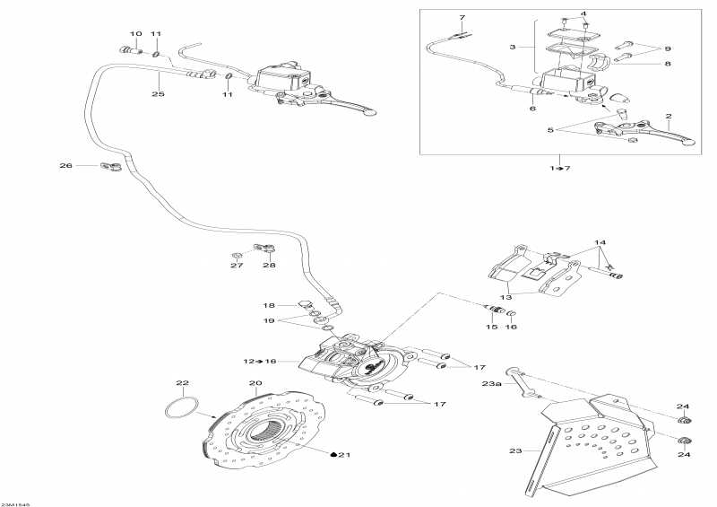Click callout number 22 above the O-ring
tap(182, 383)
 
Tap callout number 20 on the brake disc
tap(255, 383)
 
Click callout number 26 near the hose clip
tap(65, 165)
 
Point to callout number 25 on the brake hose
tap(158, 93)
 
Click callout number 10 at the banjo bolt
tap(135, 34)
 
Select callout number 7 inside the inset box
tap(462, 18)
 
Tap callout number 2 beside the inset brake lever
tap(667, 117)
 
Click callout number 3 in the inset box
tap(513, 47)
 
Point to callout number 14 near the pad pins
tap(600, 243)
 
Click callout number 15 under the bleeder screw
tap(491, 327)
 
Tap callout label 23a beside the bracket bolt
tap(490, 383)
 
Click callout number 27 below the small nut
tap(237, 266)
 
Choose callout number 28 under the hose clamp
tap(270, 266)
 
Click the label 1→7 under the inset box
tap(560, 168)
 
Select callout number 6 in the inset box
tap(532, 108)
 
